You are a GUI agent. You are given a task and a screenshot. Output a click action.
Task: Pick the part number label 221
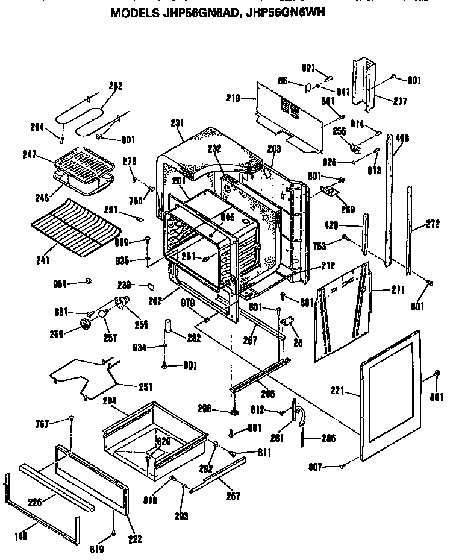pos(337,391)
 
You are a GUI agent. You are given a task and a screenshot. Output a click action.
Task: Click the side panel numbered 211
pos(343,313)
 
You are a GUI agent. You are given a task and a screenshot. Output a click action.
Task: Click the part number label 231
pos(177,123)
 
